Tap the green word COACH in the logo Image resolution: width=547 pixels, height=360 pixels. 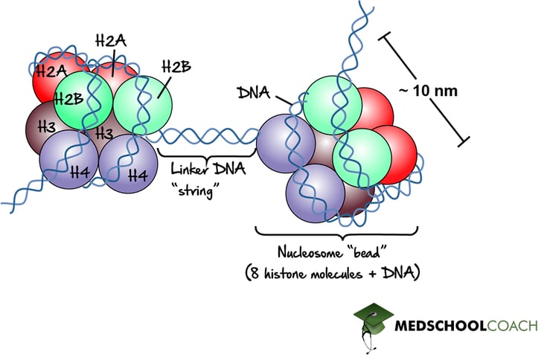tap(513, 325)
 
